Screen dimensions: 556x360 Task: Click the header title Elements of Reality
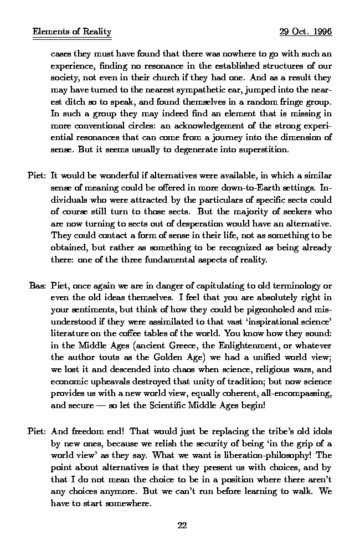click(x=72, y=32)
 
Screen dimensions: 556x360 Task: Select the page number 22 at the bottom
click(x=181, y=526)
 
